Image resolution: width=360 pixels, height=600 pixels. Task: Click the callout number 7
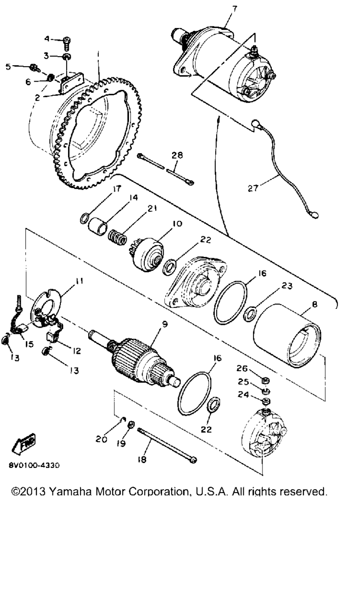pos(234,9)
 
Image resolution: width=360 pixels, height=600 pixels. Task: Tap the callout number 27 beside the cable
pos(253,188)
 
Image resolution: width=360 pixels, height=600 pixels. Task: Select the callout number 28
pos(177,155)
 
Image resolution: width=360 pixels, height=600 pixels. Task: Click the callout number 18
pos(142,460)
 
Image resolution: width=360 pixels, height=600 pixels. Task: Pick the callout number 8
pos(315,304)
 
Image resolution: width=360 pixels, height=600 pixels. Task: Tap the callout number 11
pos(79,281)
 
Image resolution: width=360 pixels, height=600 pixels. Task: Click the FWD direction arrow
pos(23,442)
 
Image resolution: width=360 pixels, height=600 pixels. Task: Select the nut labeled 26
pos(265,380)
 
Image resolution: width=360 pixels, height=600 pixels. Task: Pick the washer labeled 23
pos(250,315)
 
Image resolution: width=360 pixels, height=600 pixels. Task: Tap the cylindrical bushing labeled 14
pos(98,227)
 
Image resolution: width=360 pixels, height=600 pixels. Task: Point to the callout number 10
pos(177,224)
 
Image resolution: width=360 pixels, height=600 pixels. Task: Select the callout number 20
pos(102,439)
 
